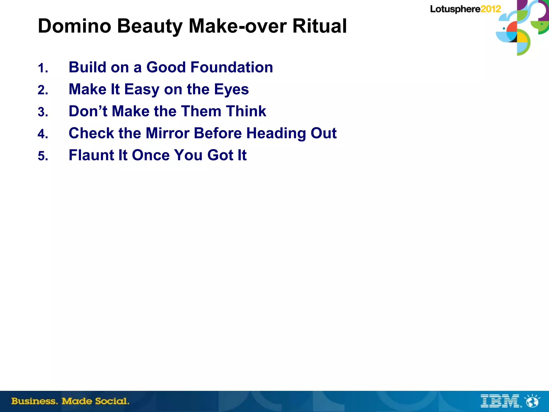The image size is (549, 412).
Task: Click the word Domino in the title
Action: point(75,26)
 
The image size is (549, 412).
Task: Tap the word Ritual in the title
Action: point(320,26)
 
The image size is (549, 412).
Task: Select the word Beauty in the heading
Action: point(150,27)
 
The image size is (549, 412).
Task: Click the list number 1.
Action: point(43,68)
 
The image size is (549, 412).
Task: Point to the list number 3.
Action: point(43,112)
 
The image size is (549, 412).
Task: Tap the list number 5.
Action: point(43,156)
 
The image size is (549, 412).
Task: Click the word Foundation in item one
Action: point(232,67)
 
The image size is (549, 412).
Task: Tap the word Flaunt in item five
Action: point(91,155)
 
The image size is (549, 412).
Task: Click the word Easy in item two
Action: point(142,90)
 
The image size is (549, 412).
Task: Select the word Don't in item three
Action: point(88,111)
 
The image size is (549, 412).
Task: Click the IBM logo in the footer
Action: point(500,401)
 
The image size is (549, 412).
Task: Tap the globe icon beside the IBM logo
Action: point(532,401)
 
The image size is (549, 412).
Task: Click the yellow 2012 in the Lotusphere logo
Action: point(491,9)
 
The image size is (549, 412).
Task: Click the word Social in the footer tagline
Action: point(112,401)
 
